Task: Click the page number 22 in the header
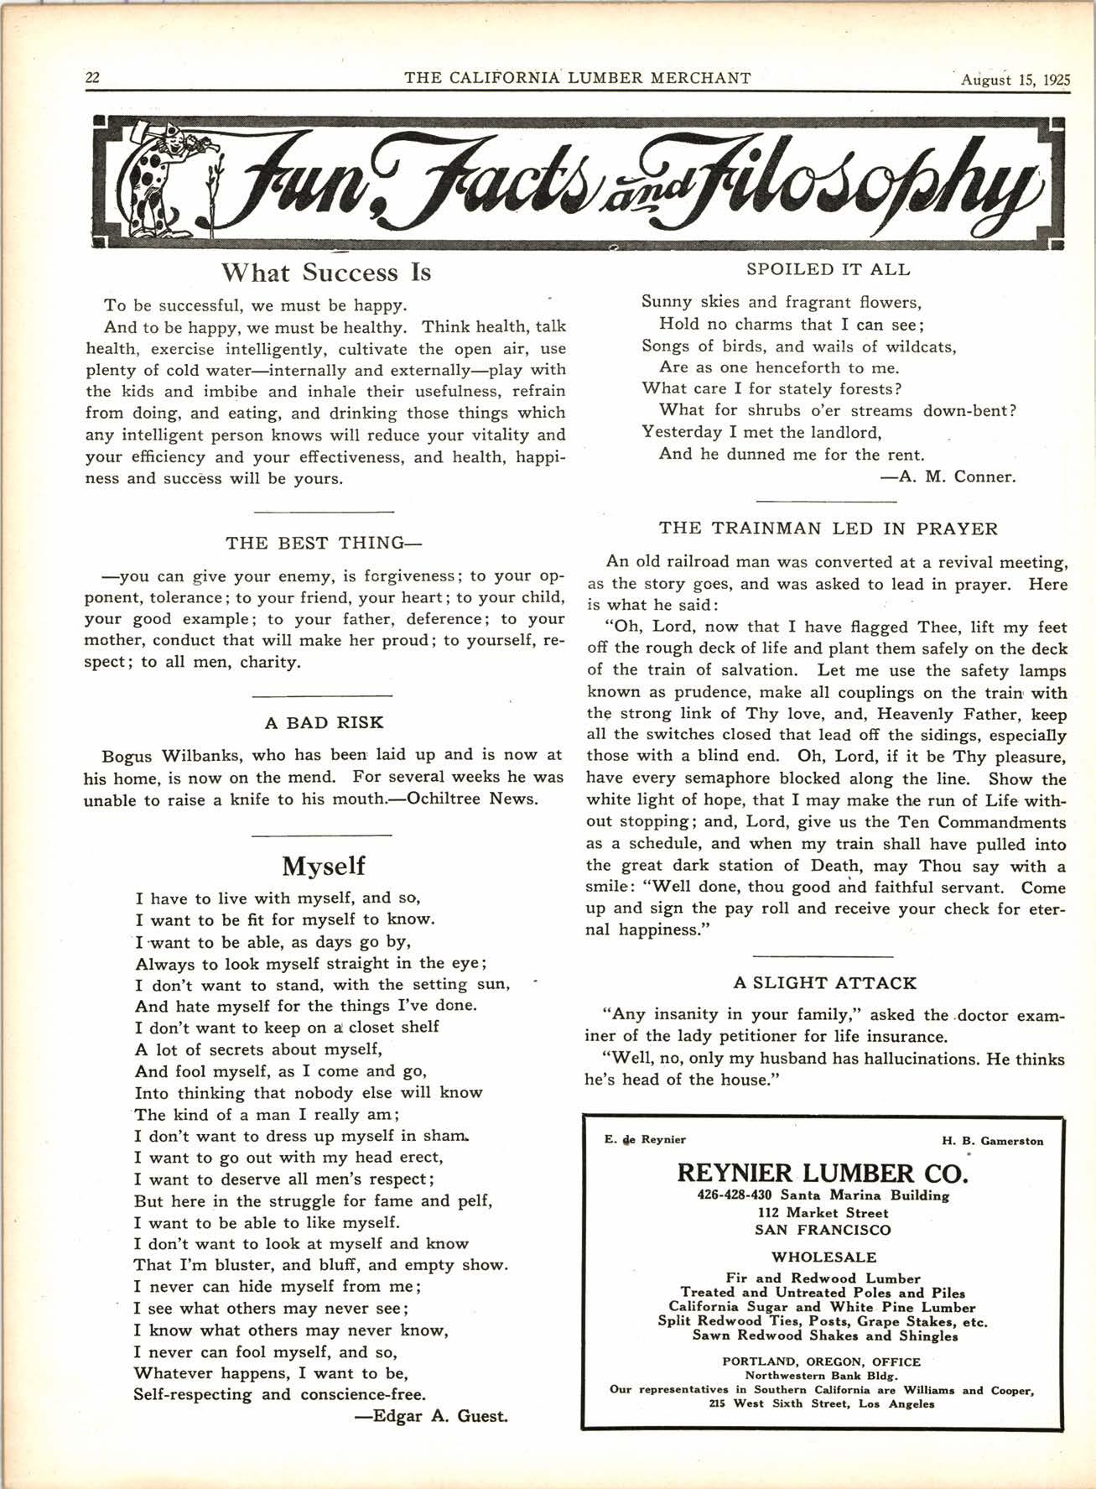tap(92, 78)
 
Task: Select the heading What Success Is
tap(326, 273)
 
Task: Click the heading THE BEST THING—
tap(323, 543)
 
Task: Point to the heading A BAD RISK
tap(324, 722)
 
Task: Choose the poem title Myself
tap(324, 865)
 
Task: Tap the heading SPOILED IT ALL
tap(828, 269)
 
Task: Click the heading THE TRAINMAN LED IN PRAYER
tap(828, 528)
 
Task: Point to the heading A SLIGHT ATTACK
tap(824, 982)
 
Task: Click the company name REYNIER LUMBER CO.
tap(823, 1172)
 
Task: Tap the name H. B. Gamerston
tap(992, 1141)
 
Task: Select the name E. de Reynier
tap(644, 1139)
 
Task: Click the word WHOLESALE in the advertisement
tap(823, 1257)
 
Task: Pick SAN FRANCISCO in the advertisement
tap(823, 1231)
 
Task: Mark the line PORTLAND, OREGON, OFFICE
tap(821, 1361)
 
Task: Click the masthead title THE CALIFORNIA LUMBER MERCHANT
tap(577, 79)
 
